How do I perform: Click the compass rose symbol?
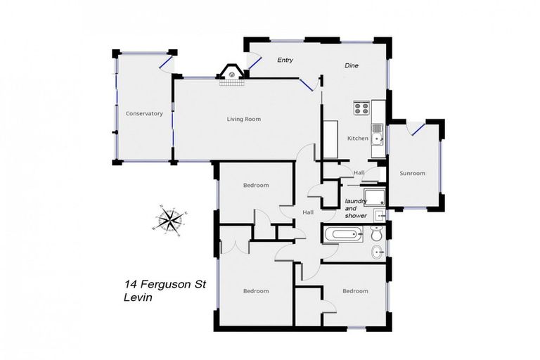[x=169, y=219]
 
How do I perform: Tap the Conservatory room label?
[x=144, y=113]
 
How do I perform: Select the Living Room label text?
[x=243, y=119]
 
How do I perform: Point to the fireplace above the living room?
[x=231, y=73]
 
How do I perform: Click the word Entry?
[x=285, y=60]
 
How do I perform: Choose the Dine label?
[x=352, y=65]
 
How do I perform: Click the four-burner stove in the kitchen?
[x=361, y=108]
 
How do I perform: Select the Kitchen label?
[x=358, y=139]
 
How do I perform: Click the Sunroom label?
[x=412, y=173]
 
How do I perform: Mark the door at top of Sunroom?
[x=418, y=128]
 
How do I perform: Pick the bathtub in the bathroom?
[x=343, y=234]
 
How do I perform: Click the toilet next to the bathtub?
[x=377, y=232]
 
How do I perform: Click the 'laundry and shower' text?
[x=356, y=208]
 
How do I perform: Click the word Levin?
[x=137, y=297]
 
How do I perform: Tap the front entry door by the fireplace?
[x=255, y=67]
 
